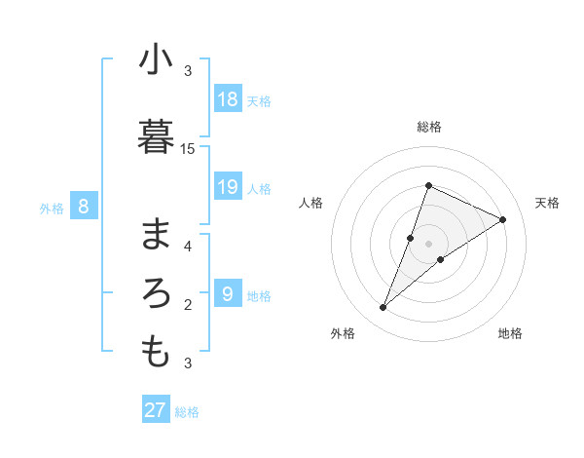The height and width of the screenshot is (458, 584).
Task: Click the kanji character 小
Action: tap(156, 60)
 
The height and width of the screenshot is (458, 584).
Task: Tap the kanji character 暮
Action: tap(156, 136)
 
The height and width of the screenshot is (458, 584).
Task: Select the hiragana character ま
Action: tap(156, 234)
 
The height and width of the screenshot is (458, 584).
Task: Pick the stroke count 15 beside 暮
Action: tap(188, 148)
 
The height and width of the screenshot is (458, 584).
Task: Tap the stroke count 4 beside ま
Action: tap(188, 246)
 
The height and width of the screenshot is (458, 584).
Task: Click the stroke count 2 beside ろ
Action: tap(188, 305)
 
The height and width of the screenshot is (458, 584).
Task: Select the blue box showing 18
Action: tap(228, 98)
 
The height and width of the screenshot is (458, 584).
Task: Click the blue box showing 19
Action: tap(228, 186)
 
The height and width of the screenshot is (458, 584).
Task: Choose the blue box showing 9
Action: tap(228, 293)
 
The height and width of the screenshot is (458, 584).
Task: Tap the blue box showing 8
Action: tap(84, 206)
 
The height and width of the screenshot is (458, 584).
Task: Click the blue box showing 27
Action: tap(156, 410)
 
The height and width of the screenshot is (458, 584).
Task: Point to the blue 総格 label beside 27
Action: tap(187, 412)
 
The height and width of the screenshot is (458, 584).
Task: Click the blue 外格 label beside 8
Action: tap(51, 208)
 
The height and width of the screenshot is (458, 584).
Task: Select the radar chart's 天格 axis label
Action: tap(547, 203)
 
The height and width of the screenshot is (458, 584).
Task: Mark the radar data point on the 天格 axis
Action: tap(503, 219)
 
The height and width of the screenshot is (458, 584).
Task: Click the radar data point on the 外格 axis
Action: tap(383, 308)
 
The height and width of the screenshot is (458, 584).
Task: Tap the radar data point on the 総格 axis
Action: tap(428, 185)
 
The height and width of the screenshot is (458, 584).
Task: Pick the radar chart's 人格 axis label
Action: tap(310, 203)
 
